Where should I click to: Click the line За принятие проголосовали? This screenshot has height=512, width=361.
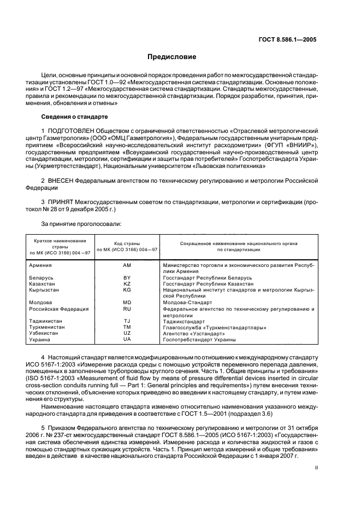[x=81, y=224]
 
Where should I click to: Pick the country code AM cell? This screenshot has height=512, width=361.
[x=127, y=265]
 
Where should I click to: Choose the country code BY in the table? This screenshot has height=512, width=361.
[x=127, y=278]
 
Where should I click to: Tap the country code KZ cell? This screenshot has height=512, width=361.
[x=127, y=284]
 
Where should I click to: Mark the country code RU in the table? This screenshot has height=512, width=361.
[x=127, y=309]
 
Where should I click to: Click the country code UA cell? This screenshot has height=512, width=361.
[x=127, y=340]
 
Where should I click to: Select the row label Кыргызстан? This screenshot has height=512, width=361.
[x=44, y=290]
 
